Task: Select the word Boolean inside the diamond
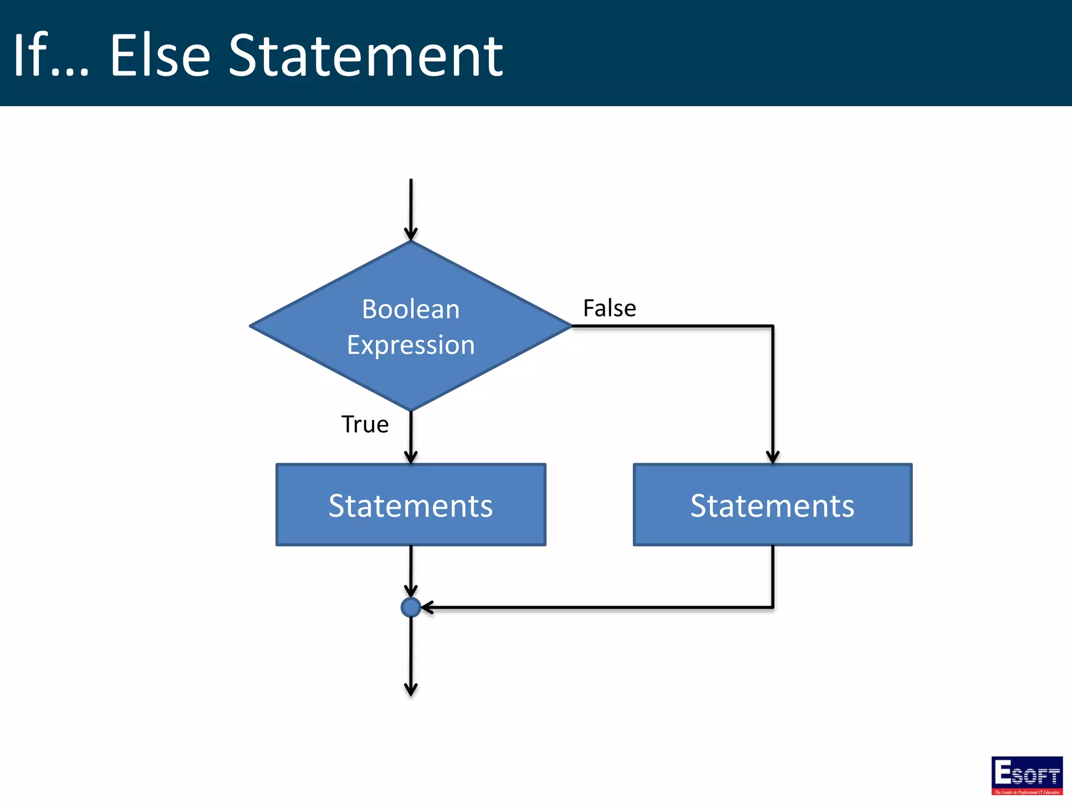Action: (410, 309)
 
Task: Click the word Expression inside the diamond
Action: (410, 345)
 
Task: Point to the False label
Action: (609, 308)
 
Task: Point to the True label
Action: (365, 424)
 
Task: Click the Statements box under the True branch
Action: (410, 505)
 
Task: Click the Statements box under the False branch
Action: (772, 505)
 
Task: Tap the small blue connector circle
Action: (410, 607)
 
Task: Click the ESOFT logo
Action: (1026, 775)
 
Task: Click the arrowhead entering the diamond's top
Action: (410, 234)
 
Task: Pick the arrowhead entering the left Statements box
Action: (410, 457)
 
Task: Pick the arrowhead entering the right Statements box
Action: (773, 457)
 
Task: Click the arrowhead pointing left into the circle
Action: (427, 607)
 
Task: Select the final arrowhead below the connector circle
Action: (410, 689)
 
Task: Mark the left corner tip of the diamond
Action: (251, 326)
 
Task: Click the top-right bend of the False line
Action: (773, 326)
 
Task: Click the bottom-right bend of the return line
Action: (773, 607)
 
